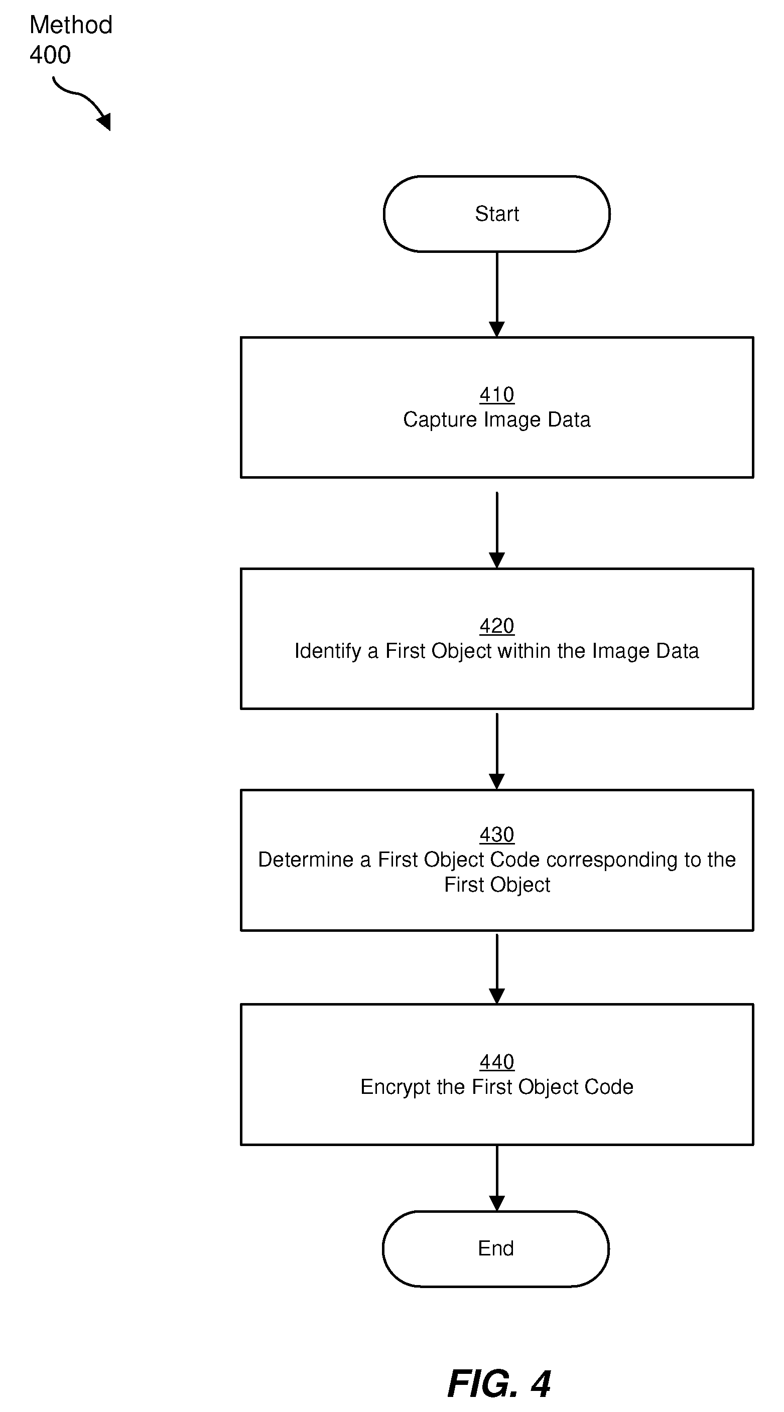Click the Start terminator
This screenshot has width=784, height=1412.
click(496, 214)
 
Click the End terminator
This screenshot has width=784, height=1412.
click(495, 1248)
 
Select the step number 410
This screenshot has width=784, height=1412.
click(497, 395)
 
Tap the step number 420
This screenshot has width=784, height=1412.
click(497, 626)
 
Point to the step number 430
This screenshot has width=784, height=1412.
click(497, 835)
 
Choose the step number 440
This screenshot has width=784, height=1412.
click(497, 1062)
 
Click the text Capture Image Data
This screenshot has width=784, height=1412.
click(497, 420)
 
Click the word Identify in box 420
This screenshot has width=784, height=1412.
click(328, 651)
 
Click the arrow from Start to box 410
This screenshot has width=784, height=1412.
click(497, 295)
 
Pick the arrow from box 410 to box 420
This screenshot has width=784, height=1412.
click(497, 530)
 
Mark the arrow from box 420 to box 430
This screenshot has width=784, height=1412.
click(497, 751)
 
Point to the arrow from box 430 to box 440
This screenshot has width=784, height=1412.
click(497, 969)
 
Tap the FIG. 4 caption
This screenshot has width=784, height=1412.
click(499, 1384)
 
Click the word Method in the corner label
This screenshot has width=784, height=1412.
click(71, 25)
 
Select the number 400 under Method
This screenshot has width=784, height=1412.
click(50, 55)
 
